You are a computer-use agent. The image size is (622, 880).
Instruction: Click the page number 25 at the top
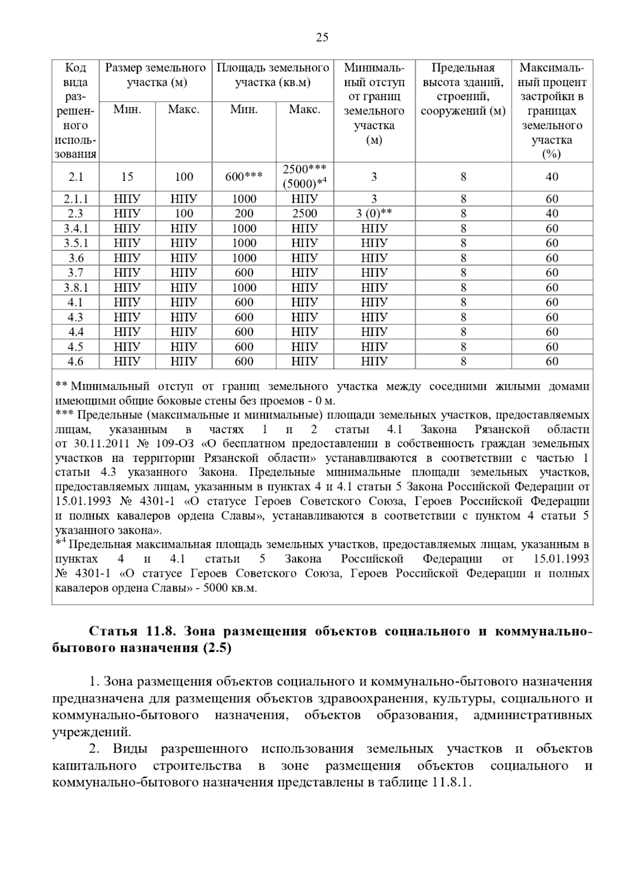322,37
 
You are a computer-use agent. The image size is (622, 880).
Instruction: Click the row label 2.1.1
76,199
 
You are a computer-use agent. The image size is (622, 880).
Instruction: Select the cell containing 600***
244,177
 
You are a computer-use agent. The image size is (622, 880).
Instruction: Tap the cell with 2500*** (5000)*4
305,177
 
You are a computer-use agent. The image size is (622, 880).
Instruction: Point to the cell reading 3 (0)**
374,214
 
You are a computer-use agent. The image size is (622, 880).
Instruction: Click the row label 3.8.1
76,288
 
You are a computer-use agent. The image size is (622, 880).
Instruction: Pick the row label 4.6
76,362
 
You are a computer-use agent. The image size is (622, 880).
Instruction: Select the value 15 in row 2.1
127,177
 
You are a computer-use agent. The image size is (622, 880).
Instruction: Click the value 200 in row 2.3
244,214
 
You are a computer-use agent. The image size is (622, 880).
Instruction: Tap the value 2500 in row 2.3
305,214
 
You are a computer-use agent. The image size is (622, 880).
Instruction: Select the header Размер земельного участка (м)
155,75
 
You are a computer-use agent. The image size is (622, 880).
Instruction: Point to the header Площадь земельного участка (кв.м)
273,75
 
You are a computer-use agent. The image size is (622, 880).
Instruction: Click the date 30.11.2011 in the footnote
91,444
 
